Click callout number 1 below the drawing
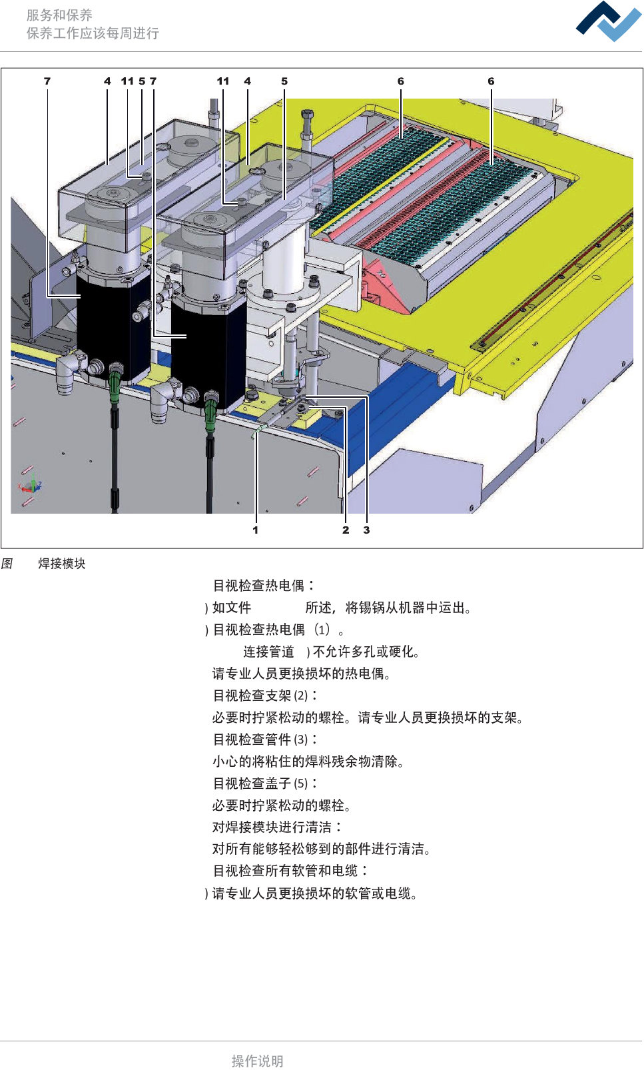click(x=255, y=530)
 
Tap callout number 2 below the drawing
click(x=346, y=530)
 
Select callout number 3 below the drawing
click(x=366, y=530)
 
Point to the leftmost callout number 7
click(x=47, y=81)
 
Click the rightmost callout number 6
click(x=491, y=81)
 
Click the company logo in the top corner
click(x=608, y=21)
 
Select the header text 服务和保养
click(x=59, y=15)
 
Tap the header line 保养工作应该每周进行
click(x=93, y=33)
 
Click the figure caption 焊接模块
click(x=62, y=564)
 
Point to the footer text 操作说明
click(x=257, y=1061)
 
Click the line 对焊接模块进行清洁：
click(x=277, y=827)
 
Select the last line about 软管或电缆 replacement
click(x=314, y=893)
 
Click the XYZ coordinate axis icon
click(x=30, y=486)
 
